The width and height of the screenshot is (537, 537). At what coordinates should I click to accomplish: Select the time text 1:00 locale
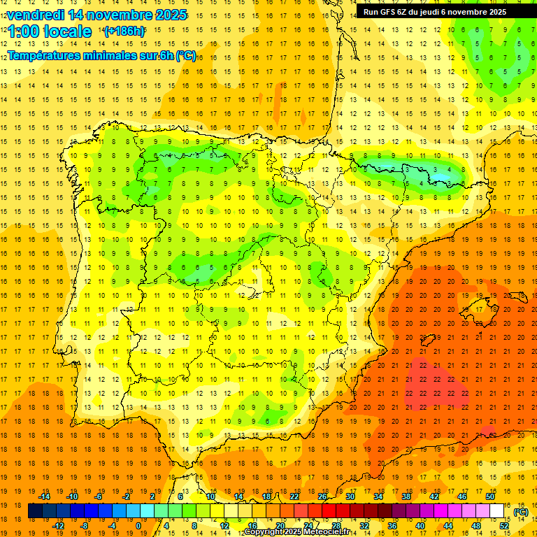[x=50, y=31]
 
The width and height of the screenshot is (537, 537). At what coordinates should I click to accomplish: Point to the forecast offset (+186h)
[x=124, y=31]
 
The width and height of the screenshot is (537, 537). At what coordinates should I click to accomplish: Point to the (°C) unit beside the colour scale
[x=521, y=512]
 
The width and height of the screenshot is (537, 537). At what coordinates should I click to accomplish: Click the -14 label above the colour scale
[x=44, y=496]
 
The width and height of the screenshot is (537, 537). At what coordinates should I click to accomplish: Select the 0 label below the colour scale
[x=138, y=526]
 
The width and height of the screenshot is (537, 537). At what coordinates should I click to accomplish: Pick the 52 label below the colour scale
[x=504, y=526]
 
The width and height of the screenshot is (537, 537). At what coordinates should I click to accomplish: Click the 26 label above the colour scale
[x=322, y=496]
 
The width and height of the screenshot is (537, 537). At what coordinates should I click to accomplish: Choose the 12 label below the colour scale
[x=224, y=526]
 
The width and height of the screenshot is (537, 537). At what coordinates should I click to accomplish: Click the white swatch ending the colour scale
[x=497, y=511]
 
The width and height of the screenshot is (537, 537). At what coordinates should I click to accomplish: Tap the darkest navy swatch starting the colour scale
[x=35, y=511]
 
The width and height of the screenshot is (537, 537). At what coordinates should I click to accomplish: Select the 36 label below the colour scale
[x=392, y=526]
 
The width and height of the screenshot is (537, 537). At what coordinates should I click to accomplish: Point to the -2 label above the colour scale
[x=127, y=496]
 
